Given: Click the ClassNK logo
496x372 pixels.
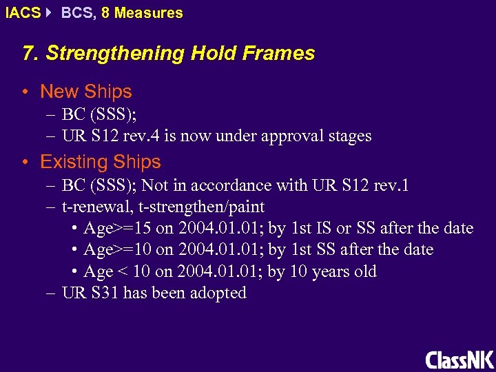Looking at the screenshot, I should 459,360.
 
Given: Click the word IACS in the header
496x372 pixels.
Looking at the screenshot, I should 22,13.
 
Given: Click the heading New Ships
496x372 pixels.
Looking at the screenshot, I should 86,92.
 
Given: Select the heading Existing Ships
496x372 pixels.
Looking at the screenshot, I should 101,162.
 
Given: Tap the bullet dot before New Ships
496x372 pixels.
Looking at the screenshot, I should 24,92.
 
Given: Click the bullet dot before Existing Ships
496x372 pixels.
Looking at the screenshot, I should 24,163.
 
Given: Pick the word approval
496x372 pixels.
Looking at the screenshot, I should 287,136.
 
